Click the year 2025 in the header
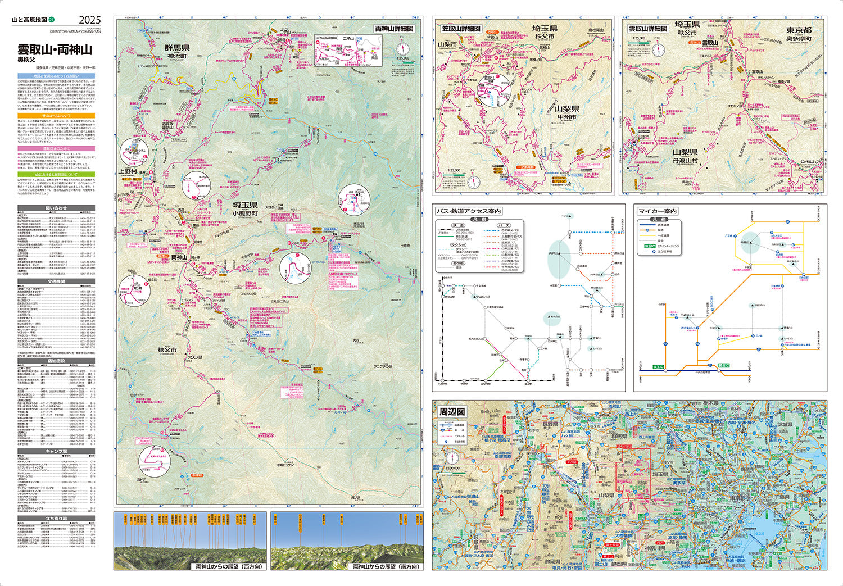click(90, 21)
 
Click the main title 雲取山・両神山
click(55, 49)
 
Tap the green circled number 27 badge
click(52, 21)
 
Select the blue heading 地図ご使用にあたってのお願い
click(56, 75)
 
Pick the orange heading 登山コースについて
click(56, 115)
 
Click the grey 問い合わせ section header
click(56, 208)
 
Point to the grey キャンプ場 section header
click(56, 451)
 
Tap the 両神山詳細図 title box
click(394, 28)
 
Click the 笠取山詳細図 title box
click(461, 28)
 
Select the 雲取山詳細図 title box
click(647, 28)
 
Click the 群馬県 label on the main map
click(176, 48)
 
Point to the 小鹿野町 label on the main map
click(245, 213)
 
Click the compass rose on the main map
click(403, 49)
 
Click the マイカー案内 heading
click(658, 211)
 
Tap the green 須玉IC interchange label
click(649, 366)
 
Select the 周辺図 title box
click(452, 412)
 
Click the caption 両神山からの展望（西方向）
click(228, 566)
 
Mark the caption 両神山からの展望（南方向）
click(385, 566)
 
